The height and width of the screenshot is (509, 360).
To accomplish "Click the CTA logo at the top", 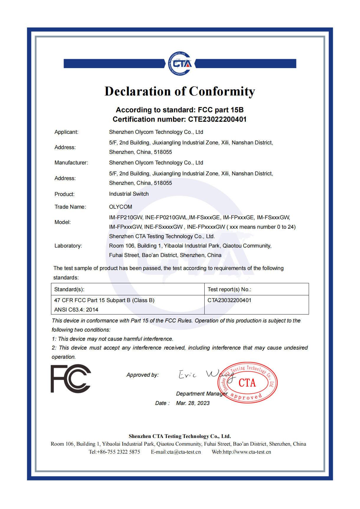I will tap(180, 63).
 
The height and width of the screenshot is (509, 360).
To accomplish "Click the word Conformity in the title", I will tap(222, 91).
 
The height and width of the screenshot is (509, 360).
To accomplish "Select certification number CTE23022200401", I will tap(217, 119).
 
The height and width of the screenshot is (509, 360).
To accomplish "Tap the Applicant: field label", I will tap(66, 132).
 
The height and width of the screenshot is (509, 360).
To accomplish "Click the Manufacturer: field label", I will tap(71, 163).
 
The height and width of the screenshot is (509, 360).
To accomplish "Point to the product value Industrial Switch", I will tap(129, 194).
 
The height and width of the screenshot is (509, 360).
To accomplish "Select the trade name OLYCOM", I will tap(120, 207).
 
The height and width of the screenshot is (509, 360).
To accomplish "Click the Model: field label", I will tap(63, 222).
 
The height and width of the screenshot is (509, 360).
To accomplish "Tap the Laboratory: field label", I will tap(68, 246).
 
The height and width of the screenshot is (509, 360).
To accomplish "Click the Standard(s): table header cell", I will tap(69, 289).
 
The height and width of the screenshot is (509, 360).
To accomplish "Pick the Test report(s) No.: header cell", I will tap(229, 289).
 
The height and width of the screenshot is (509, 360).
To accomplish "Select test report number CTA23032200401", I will tap(229, 300).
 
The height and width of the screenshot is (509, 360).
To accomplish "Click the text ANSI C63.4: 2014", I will tap(76, 310).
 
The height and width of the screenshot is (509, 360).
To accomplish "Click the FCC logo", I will tap(71, 379).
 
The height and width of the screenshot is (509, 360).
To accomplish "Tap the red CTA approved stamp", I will tap(248, 383).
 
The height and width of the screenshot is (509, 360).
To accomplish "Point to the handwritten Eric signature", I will tap(188, 375).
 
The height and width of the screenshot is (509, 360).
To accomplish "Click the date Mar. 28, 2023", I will tap(193, 403).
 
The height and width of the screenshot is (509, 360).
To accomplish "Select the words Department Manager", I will tap(202, 394).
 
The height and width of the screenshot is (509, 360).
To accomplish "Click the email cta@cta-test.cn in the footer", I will tap(184, 452).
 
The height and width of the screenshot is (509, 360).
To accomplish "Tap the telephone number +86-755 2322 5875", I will tap(118, 452).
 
